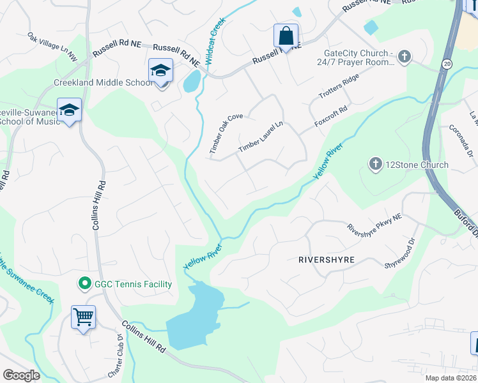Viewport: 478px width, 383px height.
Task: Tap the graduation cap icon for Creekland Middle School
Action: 160,70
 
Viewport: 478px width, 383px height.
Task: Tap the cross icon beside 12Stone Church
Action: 375,165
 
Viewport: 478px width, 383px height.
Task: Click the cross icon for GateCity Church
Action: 404,57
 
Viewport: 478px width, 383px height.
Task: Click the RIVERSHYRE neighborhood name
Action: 326,260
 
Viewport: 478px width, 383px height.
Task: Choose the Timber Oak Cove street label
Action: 226,133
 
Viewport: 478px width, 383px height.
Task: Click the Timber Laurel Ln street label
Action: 260,137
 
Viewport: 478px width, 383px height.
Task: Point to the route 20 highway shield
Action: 447,64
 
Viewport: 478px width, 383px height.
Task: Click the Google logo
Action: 20,375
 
